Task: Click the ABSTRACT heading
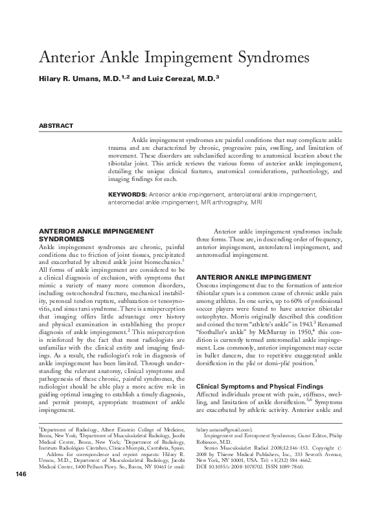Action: point(56,126)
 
